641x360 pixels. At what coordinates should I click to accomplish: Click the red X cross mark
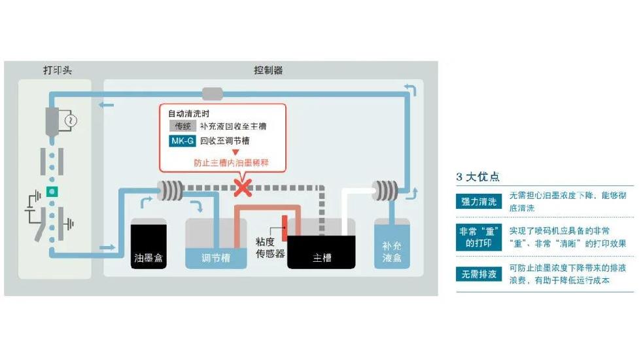[243, 189]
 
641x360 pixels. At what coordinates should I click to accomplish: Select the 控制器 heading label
[268, 70]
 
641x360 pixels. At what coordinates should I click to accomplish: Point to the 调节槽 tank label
[216, 258]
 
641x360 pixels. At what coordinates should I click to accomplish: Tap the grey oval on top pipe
[213, 94]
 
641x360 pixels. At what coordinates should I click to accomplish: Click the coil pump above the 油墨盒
[171, 190]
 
